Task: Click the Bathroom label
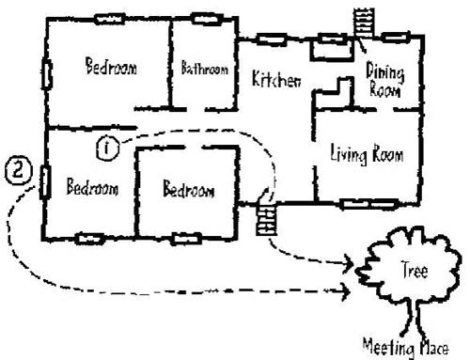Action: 205,69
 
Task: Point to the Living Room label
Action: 362,152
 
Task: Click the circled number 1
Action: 108,146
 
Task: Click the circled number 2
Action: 20,172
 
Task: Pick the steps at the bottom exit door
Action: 267,218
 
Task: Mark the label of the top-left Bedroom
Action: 110,68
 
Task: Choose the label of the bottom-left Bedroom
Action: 91,187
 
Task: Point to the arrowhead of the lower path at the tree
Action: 348,293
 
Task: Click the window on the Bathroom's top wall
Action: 205,18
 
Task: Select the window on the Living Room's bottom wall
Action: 360,203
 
